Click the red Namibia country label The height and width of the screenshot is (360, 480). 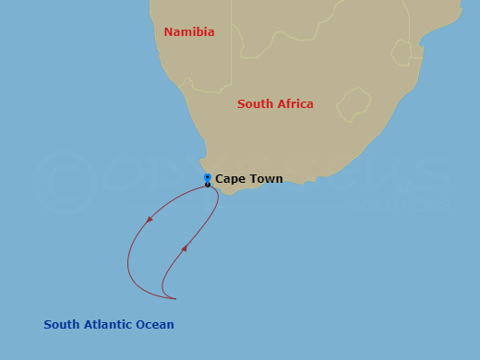pos(189,32)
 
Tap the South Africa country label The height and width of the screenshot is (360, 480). pos(275,104)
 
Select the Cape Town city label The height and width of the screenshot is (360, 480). pos(249,179)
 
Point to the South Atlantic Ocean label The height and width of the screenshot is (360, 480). pos(109,325)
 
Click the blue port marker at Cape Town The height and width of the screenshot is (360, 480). pos(208,177)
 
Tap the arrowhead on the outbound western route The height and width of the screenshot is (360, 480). pos(149,220)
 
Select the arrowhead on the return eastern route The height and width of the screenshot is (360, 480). pos(185,247)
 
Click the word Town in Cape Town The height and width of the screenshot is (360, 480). pos(266,179)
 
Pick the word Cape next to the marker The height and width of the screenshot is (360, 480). pos(231,179)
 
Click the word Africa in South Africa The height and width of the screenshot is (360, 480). pos(294,104)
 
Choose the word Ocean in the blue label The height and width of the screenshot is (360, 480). pos(155,325)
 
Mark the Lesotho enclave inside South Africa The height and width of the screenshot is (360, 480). pos(354,104)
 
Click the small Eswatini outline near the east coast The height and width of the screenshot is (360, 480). pos(402,52)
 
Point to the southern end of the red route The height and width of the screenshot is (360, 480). pos(174,298)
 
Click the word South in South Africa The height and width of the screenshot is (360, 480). pos(255,104)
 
